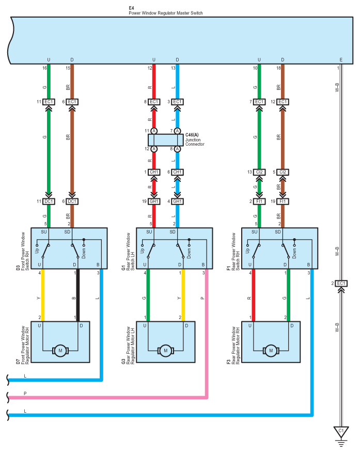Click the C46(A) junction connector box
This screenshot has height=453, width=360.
166,140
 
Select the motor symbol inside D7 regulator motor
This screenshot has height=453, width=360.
60,351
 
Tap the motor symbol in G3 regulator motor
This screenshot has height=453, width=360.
166,351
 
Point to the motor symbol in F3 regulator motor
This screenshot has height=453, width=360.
271,351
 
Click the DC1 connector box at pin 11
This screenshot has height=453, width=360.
49,201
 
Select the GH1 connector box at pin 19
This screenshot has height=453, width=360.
154,201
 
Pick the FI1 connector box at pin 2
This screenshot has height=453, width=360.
259,201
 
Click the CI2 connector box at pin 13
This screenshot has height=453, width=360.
259,172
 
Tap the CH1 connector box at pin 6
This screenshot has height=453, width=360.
177,172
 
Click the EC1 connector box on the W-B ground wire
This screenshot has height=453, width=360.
341,284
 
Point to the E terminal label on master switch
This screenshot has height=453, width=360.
341,60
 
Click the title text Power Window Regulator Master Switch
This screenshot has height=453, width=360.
166,13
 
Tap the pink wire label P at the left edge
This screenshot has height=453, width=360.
25,394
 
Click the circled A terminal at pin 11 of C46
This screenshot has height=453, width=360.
154,131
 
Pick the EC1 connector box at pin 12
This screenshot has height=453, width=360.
283,102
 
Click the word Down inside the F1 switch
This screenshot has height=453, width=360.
294,254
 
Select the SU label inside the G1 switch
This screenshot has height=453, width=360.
149,232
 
